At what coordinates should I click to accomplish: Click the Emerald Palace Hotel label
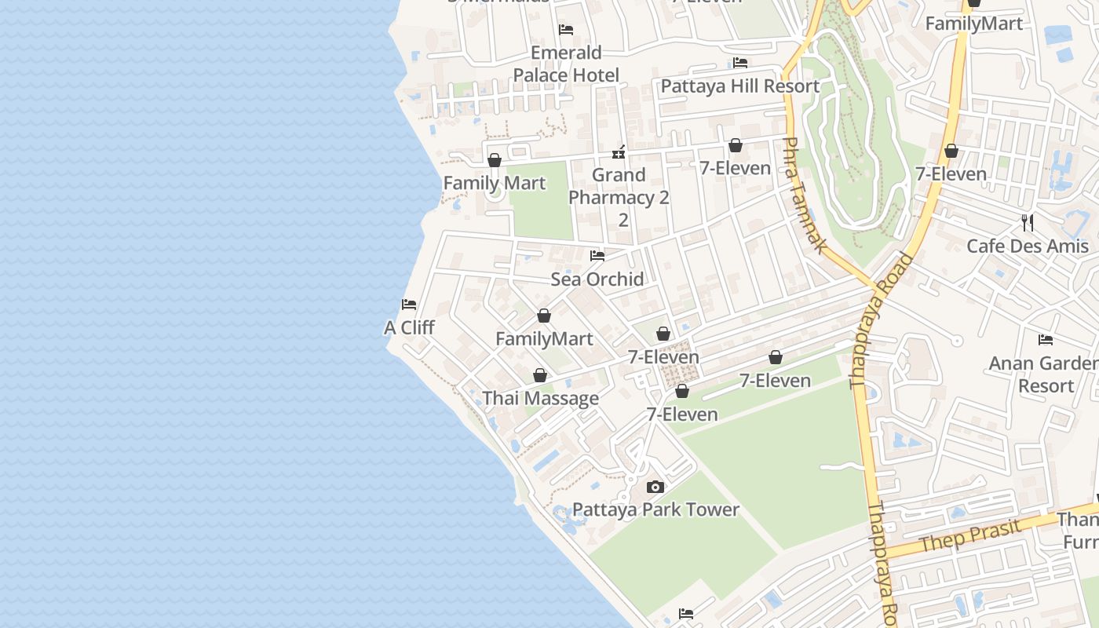[x=566, y=64]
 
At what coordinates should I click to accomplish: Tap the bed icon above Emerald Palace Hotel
[x=566, y=30]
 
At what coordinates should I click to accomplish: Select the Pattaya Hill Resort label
[x=739, y=86]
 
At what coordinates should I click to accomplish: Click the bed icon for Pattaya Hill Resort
[x=739, y=63]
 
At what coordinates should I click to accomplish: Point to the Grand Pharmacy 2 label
[x=619, y=186]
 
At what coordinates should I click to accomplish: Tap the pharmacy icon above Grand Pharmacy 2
[x=619, y=152]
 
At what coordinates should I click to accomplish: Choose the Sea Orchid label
[x=597, y=279]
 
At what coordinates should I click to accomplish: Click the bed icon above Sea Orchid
[x=597, y=255]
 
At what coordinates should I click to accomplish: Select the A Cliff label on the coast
[x=409, y=327]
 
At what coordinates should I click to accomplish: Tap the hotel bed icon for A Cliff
[x=409, y=305]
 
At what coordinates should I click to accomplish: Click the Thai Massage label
[x=540, y=398]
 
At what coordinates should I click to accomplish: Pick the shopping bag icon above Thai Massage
[x=540, y=376]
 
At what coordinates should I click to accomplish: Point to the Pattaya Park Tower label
[x=655, y=509]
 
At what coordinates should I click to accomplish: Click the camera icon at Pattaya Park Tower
[x=655, y=487]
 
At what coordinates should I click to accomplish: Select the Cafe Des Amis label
[x=1028, y=246]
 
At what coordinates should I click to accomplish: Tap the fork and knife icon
[x=1028, y=223]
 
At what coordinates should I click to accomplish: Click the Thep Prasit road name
[x=970, y=535]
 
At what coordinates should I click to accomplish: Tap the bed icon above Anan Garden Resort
[x=1046, y=340]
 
